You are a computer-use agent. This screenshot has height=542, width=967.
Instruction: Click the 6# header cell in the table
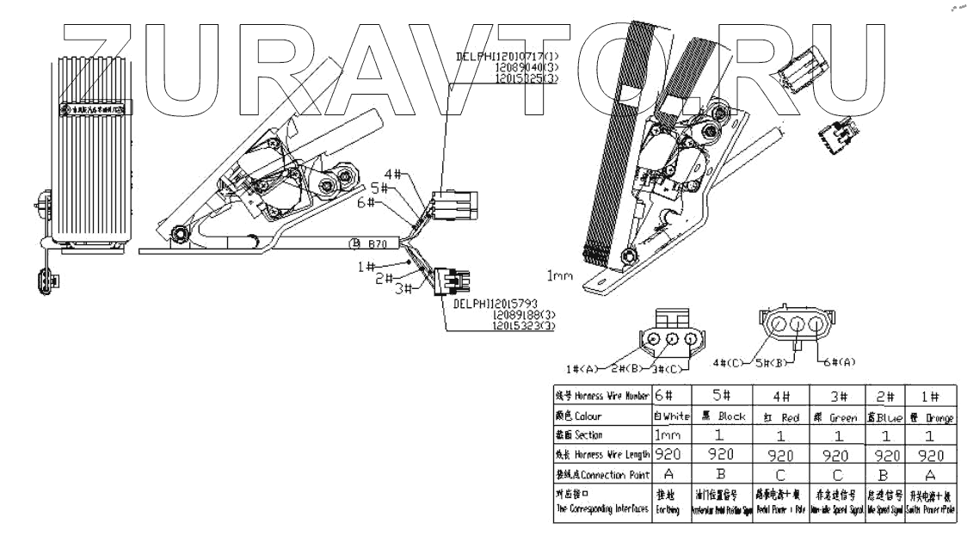tap(663, 396)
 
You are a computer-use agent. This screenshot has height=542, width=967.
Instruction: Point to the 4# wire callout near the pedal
tap(393, 173)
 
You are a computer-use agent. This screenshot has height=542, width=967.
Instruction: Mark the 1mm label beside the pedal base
tap(561, 275)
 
